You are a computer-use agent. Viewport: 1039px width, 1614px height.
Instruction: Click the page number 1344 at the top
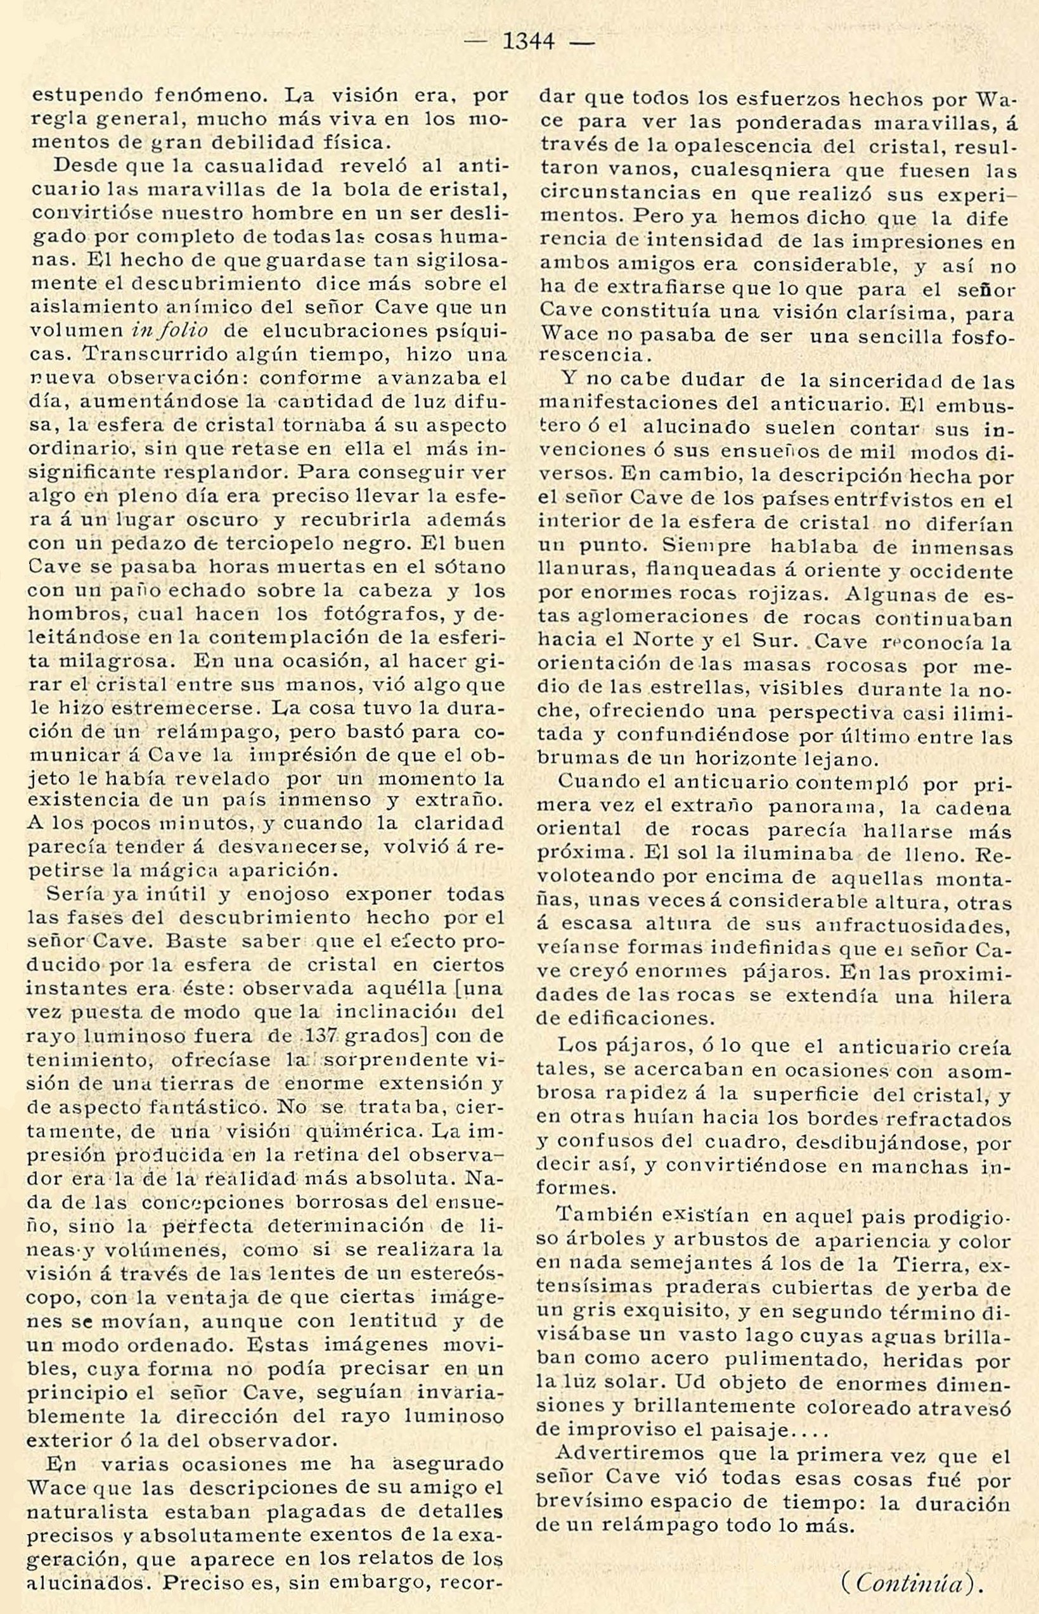click(529, 42)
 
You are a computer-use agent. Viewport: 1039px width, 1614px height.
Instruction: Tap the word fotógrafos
click(395, 615)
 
